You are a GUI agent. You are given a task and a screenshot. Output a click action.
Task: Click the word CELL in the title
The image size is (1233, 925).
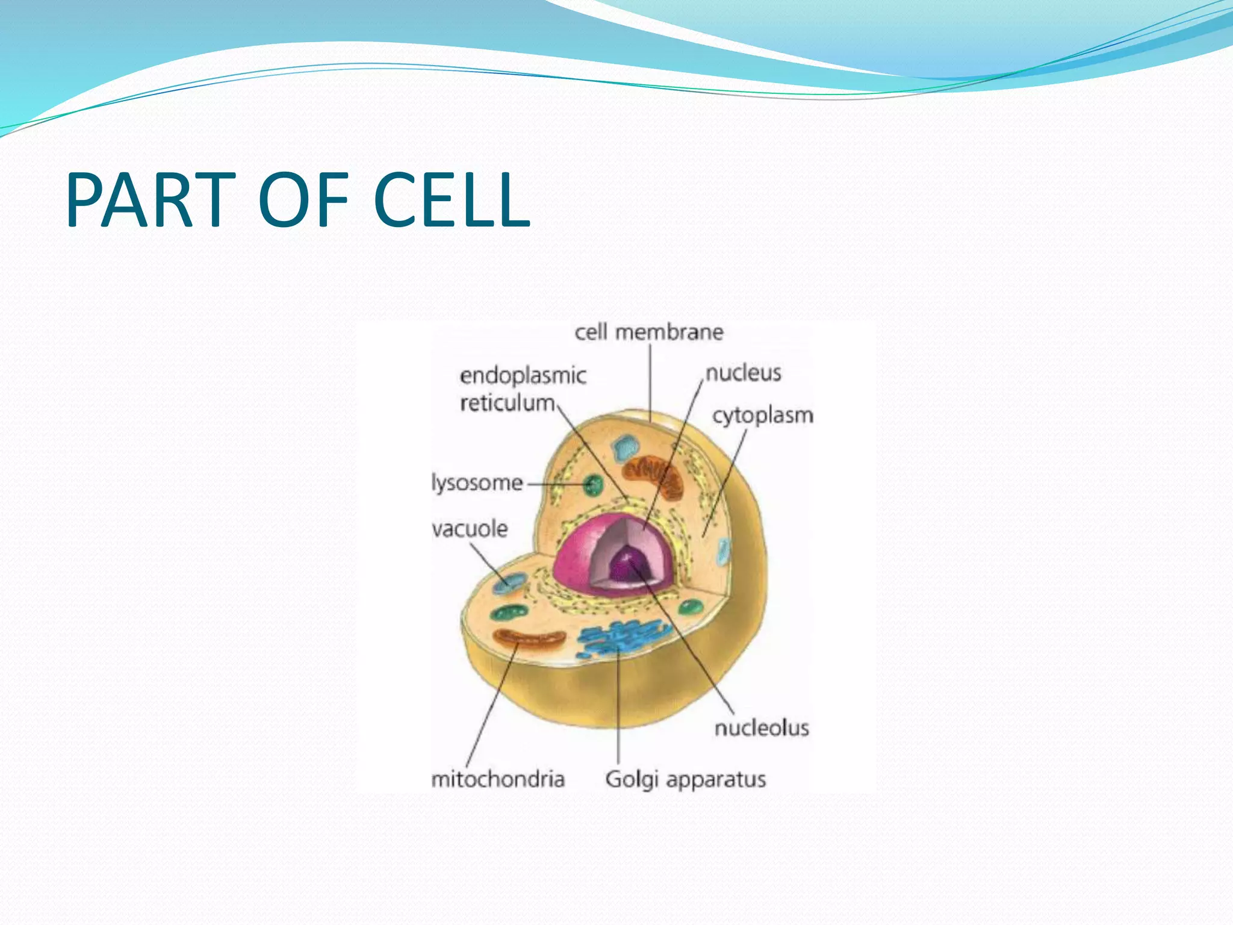452,200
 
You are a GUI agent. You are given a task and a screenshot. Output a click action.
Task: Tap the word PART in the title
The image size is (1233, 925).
151,200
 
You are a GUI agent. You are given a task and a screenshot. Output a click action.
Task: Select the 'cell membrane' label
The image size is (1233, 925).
648,332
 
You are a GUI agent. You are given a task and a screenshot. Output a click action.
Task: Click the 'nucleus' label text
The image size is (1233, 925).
743,373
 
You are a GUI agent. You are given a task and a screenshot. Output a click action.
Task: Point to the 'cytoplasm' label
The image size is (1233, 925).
762,416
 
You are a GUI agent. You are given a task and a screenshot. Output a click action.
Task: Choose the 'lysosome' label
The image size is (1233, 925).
477,483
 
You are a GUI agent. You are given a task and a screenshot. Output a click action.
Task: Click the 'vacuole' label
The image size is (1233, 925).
470,529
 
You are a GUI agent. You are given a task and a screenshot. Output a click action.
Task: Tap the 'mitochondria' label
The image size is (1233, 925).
498,779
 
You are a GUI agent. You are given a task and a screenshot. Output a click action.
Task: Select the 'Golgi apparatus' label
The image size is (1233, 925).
685,779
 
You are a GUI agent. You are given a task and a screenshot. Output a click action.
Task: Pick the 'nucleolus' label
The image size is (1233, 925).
761,728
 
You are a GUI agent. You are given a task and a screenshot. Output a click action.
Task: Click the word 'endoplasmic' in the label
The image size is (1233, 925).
523,376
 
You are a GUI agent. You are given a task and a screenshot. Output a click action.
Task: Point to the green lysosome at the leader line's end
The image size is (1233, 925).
594,484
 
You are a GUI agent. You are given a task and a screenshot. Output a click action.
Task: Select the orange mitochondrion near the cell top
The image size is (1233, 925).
653,476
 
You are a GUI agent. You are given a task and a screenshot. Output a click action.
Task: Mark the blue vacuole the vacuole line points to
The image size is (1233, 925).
509,582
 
